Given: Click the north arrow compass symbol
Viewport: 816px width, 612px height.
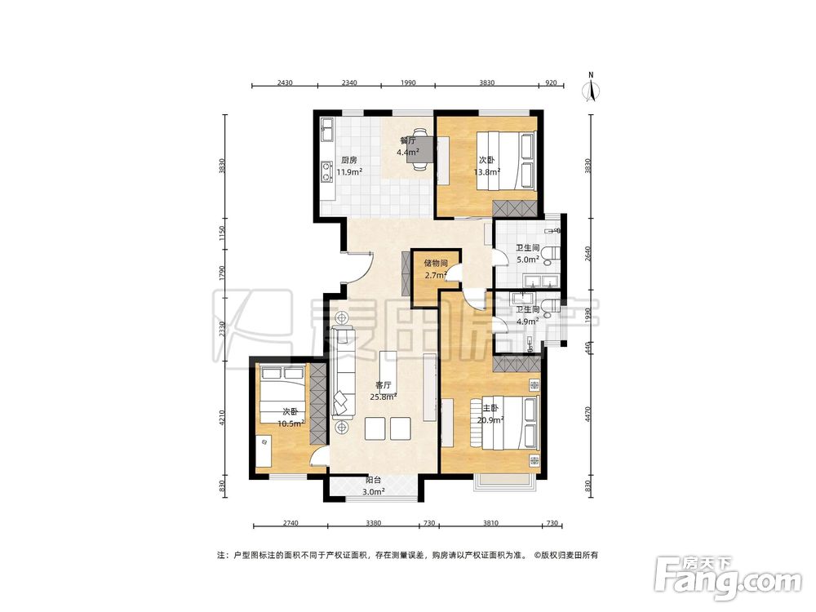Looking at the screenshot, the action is (592, 87).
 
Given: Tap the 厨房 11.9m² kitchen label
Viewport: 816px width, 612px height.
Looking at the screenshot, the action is (349, 166).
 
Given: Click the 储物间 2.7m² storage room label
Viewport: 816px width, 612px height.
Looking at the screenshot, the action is (436, 269).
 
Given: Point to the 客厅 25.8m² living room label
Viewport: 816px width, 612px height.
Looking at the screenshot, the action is (384, 391).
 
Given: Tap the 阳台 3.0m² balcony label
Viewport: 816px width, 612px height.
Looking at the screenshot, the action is (373, 486).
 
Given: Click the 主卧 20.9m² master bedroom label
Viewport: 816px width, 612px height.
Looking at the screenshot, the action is (490, 415).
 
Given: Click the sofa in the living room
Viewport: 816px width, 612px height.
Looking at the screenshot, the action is (344, 371).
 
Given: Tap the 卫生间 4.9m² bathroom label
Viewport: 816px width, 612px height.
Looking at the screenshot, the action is (528, 315).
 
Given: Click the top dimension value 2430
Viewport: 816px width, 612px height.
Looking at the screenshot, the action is (285, 82).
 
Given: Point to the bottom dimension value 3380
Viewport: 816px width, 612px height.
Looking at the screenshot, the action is (373, 523).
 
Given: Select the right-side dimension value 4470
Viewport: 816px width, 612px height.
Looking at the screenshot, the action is (588, 415).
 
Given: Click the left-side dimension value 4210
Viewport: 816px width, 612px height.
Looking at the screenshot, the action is (222, 418).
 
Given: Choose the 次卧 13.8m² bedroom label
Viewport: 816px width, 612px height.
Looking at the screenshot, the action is (487, 166).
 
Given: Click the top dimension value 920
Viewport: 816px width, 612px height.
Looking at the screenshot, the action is (551, 82).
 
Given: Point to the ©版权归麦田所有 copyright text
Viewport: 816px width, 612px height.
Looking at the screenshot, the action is (565, 555).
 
